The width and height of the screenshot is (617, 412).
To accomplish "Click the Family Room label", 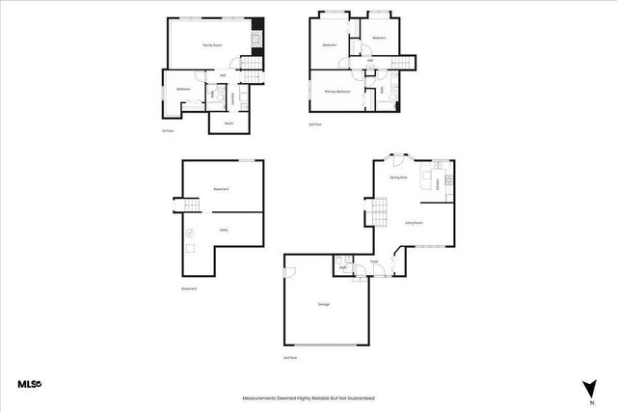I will [x=213, y=45].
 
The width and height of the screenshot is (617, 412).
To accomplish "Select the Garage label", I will [x=324, y=304].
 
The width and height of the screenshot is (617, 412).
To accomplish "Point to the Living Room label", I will [x=414, y=222].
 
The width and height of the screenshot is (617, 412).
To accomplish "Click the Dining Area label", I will [x=397, y=178].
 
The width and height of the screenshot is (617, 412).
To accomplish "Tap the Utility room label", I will [x=223, y=230].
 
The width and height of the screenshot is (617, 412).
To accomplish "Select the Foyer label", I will [x=373, y=261].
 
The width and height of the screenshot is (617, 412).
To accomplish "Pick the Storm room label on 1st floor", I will [x=228, y=124].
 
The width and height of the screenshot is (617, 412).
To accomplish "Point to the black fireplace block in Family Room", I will [x=257, y=39].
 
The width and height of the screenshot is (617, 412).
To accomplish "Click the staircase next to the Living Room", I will [x=380, y=208].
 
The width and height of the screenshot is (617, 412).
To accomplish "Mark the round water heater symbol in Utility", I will [x=190, y=232].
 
